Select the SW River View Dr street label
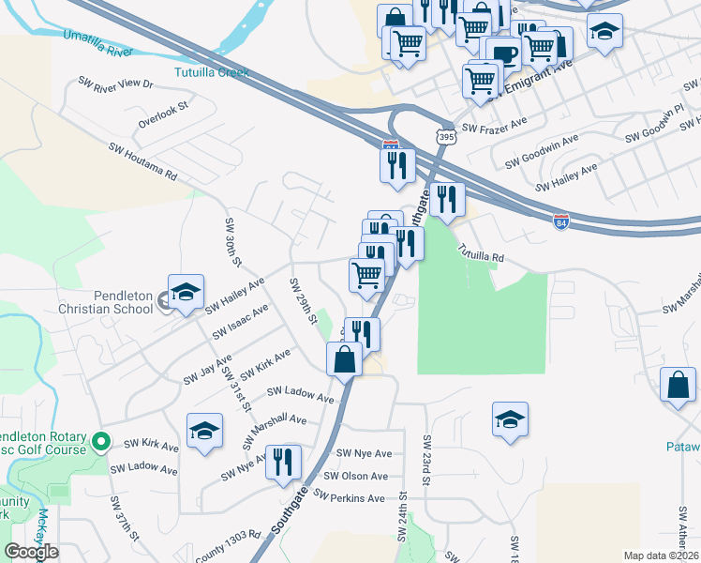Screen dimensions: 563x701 [115, 84]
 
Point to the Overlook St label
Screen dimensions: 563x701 [163, 114]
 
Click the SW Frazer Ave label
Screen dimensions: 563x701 [495, 128]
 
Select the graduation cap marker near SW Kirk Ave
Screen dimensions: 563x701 [204, 431]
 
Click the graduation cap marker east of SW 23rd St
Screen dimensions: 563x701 [510, 419]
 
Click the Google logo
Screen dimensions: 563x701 [31, 551]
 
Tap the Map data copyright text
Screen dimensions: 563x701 [661, 555]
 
